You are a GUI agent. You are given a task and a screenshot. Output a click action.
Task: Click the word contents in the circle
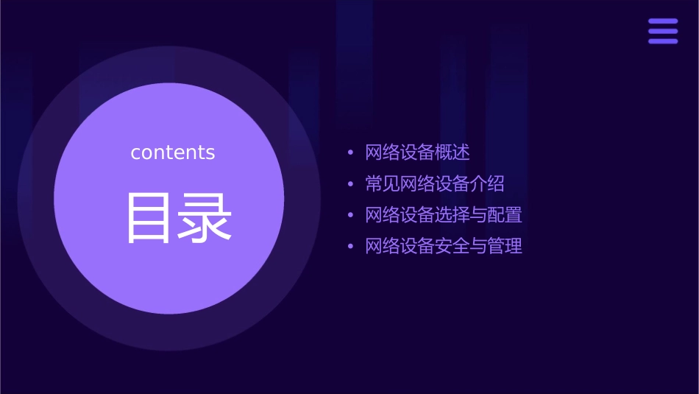point(173,152)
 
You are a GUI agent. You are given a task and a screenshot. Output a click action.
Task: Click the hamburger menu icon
point(663,31)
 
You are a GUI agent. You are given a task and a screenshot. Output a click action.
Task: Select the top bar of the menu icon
point(663,21)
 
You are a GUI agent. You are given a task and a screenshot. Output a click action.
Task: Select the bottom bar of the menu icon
point(663,41)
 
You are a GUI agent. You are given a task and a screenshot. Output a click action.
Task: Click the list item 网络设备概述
point(417,152)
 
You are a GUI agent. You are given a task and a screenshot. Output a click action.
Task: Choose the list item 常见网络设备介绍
point(435,183)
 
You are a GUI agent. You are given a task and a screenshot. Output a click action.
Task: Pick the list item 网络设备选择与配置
point(444,215)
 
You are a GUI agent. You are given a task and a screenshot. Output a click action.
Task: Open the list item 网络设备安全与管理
point(444,246)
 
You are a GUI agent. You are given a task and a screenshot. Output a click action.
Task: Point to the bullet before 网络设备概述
point(351,153)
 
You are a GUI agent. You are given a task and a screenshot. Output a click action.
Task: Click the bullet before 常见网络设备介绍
point(351,184)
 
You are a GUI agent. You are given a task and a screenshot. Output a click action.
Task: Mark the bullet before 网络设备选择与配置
point(351,216)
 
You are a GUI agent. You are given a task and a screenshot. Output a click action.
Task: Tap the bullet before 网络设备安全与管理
point(351,247)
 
